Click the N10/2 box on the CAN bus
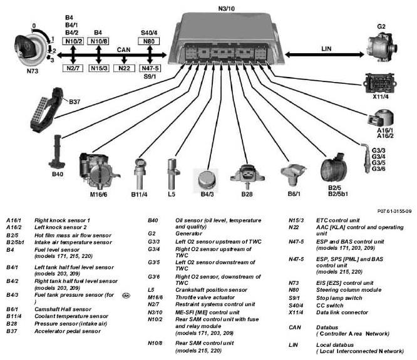[74, 41]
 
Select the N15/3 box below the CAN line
[99, 68]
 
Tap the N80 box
[149, 41]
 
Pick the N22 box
[124, 68]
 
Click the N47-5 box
[150, 68]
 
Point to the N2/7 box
[73, 68]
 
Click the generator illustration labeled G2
[382, 47]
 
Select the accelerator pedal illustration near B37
[46, 110]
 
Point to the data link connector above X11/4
[381, 83]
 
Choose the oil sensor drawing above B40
[56, 152]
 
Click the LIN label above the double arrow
[326, 49]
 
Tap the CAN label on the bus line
[124, 49]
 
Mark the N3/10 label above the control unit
[227, 9]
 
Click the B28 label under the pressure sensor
[247, 194]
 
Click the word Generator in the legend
[189, 234]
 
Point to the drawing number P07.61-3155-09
[394, 211]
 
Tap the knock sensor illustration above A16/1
[381, 118]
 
